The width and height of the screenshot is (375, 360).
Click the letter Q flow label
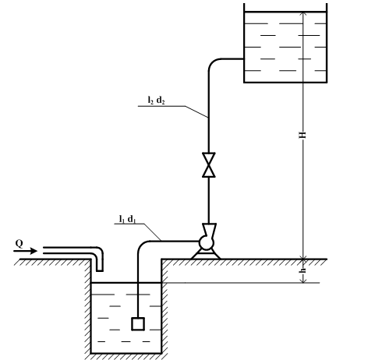coord(19,244)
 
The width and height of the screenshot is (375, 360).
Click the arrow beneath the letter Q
coord(26,251)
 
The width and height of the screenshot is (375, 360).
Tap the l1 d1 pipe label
coord(127,219)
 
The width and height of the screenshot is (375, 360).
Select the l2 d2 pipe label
coord(156,101)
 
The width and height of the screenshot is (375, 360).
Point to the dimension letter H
coord(302,135)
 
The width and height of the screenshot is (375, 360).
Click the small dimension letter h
coord(302,270)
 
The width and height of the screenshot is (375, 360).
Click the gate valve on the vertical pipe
coord(209,165)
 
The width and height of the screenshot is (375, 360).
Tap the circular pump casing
coord(206,242)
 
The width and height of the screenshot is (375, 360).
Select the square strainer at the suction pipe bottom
coord(138,324)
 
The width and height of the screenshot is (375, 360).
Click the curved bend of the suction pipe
coord(142,245)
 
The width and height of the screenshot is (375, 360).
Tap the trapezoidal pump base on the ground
coord(206,255)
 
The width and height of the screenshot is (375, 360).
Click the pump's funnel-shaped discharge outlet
coord(209,230)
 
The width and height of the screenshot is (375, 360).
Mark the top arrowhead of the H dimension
coord(302,14)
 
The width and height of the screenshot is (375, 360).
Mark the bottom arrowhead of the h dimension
coord(303,281)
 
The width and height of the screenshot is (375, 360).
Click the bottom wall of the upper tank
coord(285,83)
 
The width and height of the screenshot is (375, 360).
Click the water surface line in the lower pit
coord(126,283)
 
